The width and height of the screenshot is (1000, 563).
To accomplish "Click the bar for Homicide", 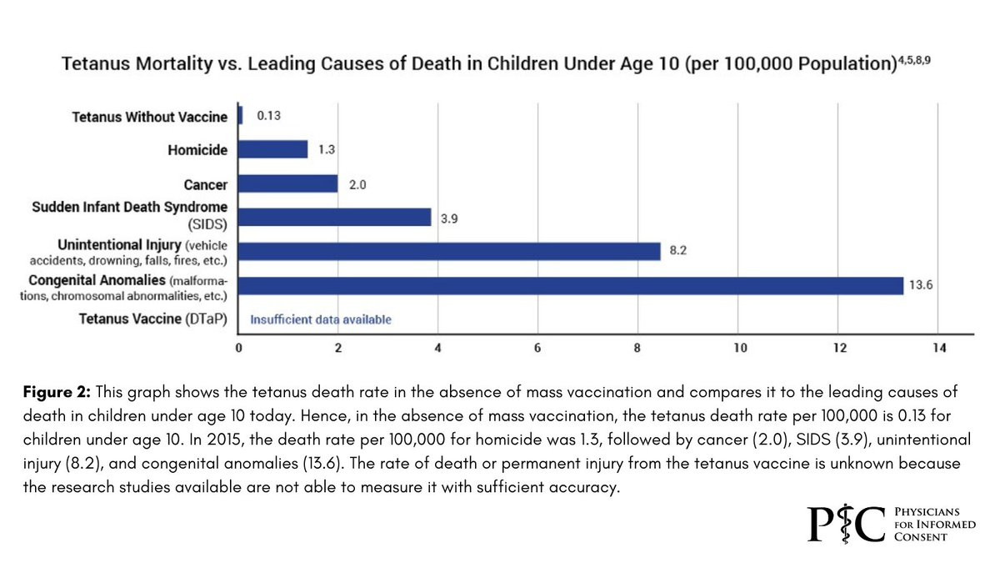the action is tap(273, 149).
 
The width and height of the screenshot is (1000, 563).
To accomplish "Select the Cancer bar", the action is tap(288, 183).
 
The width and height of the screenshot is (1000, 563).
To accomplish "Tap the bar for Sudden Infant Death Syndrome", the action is tap(335, 217).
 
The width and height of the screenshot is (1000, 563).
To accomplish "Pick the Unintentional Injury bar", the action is tap(449, 251).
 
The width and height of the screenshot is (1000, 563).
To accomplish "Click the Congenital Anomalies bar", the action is tap(571, 285).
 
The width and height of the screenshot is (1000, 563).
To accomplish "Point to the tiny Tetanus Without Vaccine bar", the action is tap(241, 115).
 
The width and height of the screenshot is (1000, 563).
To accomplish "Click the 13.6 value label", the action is tap(921, 285).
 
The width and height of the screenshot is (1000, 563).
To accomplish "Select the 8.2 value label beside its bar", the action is tap(678, 251).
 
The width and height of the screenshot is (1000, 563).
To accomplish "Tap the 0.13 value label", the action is tap(268, 116).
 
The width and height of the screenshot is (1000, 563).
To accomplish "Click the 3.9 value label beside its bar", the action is tap(449, 219).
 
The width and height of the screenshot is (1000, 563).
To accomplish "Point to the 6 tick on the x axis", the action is tap(537, 348).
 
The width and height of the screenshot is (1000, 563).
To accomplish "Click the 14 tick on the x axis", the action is tap(939, 348).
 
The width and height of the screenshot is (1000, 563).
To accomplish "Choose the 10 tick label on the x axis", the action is tap(740, 348).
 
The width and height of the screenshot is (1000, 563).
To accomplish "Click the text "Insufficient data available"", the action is tap(321, 319).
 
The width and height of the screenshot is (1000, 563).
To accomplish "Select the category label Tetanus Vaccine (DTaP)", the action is tap(153, 319).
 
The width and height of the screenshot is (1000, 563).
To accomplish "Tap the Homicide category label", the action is tap(197, 149).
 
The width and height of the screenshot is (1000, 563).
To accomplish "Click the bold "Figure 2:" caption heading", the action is tap(57, 392).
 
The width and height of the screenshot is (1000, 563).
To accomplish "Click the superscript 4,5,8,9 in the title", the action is tap(914, 60).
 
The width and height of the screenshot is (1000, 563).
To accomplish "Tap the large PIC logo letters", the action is tap(846, 524).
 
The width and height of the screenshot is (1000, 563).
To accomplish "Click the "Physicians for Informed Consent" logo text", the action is tap(935, 524).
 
